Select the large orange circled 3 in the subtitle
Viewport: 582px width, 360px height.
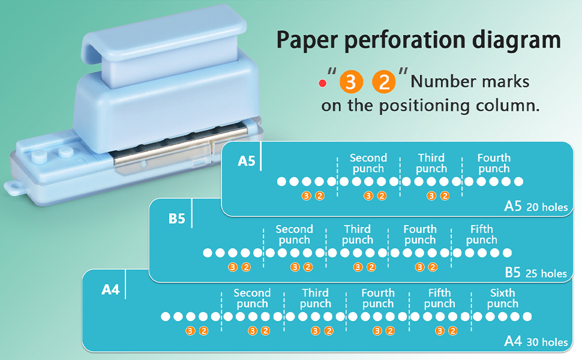(351, 82)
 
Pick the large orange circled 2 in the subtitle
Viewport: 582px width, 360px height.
(385, 82)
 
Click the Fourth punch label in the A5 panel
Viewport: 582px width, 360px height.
(494, 163)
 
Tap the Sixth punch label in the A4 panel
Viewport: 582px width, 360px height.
(502, 298)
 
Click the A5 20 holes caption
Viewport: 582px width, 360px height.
(536, 206)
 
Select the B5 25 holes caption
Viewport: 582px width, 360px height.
(535, 273)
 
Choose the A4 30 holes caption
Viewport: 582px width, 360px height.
(535, 341)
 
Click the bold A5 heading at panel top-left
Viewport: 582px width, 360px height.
(247, 161)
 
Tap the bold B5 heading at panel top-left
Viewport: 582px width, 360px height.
(176, 218)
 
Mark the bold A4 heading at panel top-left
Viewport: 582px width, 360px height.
(110, 290)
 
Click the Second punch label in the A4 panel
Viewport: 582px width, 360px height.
(252, 298)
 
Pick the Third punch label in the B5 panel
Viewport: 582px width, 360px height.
(357, 234)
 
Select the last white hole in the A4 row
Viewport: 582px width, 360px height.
(527, 316)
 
